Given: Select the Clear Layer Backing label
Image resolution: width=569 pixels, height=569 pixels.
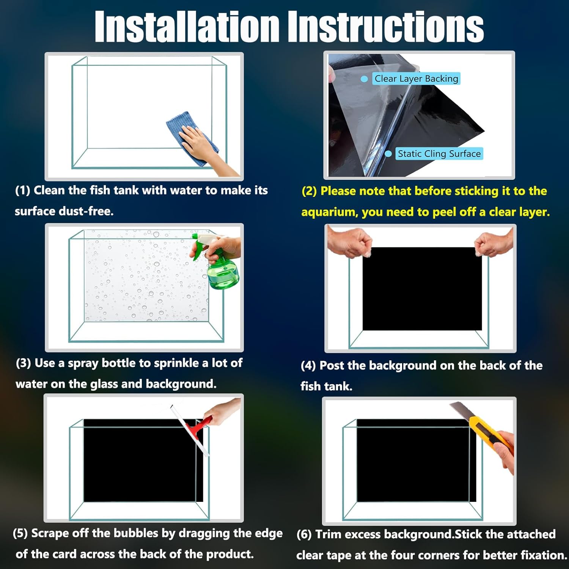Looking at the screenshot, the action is point(416,79).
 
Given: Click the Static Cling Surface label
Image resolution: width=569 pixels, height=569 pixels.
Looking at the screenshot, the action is point(439,154).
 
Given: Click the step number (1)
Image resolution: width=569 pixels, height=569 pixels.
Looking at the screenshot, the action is point(22,190).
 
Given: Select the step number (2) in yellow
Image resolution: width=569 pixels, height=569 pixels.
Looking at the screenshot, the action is point(310,191).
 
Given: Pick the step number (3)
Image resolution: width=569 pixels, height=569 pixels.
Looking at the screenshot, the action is point(24,363).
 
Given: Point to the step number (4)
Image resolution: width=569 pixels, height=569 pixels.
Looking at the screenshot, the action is point(308,366).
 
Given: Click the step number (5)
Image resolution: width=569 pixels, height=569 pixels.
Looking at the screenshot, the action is point(20,534).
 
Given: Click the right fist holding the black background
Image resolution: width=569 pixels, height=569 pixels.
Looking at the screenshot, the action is point(494,243).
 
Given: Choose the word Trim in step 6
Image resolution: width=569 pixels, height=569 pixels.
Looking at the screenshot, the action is point(329,534).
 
